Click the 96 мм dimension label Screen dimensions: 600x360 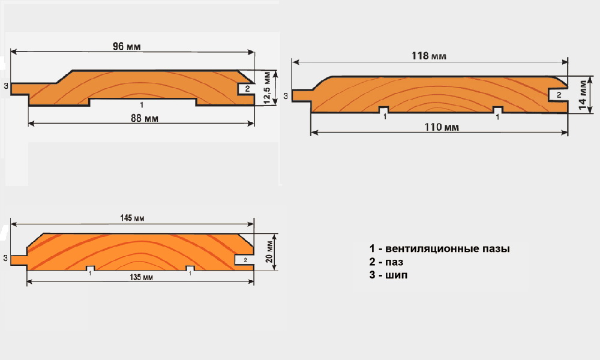tap(127, 46)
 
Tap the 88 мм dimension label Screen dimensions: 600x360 tap(144, 118)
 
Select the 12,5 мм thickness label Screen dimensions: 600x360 tap(268, 88)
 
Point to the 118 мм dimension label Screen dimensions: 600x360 tap(428, 56)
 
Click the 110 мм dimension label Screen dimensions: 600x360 tap(442, 127)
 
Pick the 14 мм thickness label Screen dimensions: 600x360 tap(583, 95)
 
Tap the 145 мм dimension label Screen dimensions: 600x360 tap(132, 218)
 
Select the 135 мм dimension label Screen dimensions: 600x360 tap(141, 277)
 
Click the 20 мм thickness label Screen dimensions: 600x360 tap(270, 251)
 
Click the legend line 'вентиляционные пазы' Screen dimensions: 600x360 tap(439, 248)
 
